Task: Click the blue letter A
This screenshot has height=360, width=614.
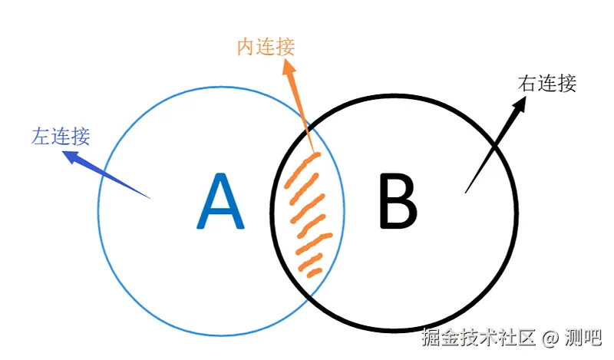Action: [220, 202]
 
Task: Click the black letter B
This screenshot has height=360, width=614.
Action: [398, 202]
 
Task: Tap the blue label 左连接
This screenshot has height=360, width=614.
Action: [61, 137]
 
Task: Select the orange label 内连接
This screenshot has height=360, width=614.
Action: [266, 47]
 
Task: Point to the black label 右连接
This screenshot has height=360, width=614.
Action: [547, 84]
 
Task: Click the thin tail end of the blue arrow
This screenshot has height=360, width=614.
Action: [149, 198]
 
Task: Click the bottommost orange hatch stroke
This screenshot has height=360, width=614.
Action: [311, 271]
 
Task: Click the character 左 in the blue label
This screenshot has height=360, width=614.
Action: [41, 137]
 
